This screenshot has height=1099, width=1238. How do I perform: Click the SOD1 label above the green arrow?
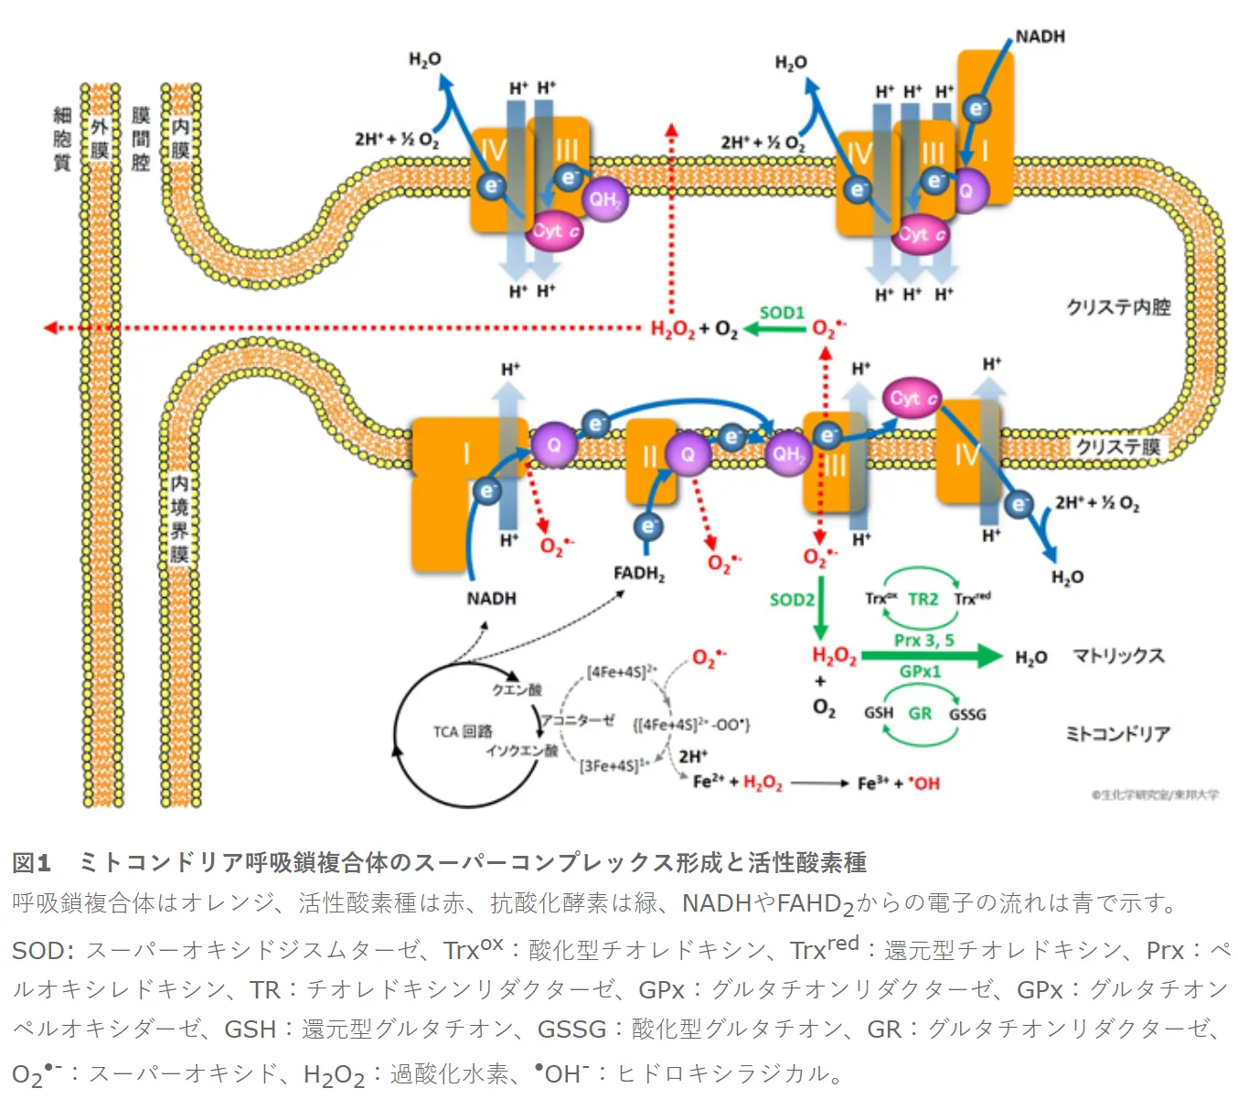(x=782, y=313)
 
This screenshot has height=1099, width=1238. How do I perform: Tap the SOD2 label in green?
(x=792, y=600)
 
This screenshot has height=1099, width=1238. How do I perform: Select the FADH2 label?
(x=639, y=574)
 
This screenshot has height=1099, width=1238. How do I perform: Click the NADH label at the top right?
(x=1040, y=37)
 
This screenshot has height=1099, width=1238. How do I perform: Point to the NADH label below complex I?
(x=491, y=599)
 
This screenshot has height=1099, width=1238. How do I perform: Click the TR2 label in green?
(x=923, y=599)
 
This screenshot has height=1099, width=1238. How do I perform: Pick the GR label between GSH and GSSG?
(x=920, y=713)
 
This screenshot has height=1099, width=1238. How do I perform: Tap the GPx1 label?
(x=920, y=672)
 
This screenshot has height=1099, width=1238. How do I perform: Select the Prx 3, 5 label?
(x=923, y=641)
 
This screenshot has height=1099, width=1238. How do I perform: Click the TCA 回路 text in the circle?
(x=463, y=731)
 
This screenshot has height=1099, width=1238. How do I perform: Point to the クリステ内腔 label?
(x=1118, y=307)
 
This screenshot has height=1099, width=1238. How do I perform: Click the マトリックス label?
(x=1118, y=656)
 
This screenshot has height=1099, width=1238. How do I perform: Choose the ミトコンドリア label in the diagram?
(x=1118, y=733)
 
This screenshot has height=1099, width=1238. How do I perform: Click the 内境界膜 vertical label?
(x=179, y=517)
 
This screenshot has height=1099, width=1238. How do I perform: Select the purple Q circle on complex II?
(x=688, y=454)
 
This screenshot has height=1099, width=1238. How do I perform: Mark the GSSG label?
(x=967, y=714)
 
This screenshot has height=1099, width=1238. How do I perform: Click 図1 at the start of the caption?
(x=31, y=862)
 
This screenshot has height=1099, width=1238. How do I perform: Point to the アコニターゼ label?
(x=577, y=720)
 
